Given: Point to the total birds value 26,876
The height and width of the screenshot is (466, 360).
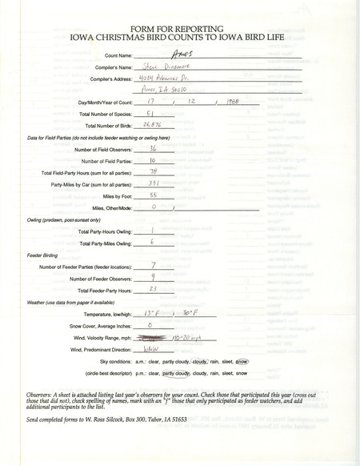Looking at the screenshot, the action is [x=150, y=127].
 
